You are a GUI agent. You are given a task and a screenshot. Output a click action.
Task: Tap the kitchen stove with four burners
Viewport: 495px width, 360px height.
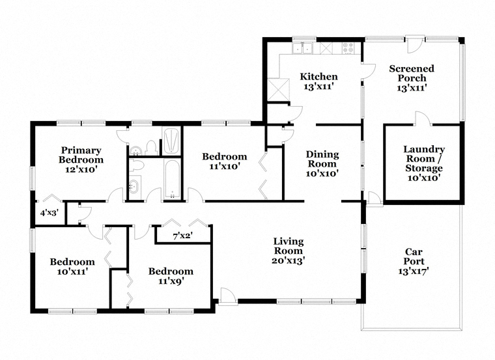click(348, 48)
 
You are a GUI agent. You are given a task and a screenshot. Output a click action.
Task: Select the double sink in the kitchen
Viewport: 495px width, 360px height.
click(302, 48)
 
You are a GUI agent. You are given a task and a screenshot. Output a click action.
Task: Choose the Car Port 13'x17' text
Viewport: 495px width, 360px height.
click(414, 261)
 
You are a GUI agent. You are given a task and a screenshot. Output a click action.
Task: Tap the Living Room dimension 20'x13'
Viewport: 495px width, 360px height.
click(289, 260)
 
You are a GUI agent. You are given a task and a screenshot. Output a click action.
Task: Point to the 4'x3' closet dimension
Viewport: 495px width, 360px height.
click(49, 213)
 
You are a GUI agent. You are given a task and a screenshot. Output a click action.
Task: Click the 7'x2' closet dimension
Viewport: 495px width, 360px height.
click(183, 236)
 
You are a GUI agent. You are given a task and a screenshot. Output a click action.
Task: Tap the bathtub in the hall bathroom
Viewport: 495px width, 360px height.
click(173, 179)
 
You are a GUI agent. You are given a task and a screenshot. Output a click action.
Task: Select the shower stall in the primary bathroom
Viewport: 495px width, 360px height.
click(171, 141)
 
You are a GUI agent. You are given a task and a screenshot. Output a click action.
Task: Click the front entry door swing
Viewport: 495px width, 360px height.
click(227, 296)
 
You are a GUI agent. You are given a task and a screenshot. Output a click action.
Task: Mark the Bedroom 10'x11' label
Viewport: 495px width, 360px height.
click(72, 267)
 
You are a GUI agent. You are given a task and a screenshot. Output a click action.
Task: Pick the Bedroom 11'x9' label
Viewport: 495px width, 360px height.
click(171, 276)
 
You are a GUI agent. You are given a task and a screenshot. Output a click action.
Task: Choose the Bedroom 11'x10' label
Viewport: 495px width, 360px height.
click(225, 161)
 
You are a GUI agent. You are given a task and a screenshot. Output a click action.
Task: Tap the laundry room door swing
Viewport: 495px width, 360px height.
click(422, 118)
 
